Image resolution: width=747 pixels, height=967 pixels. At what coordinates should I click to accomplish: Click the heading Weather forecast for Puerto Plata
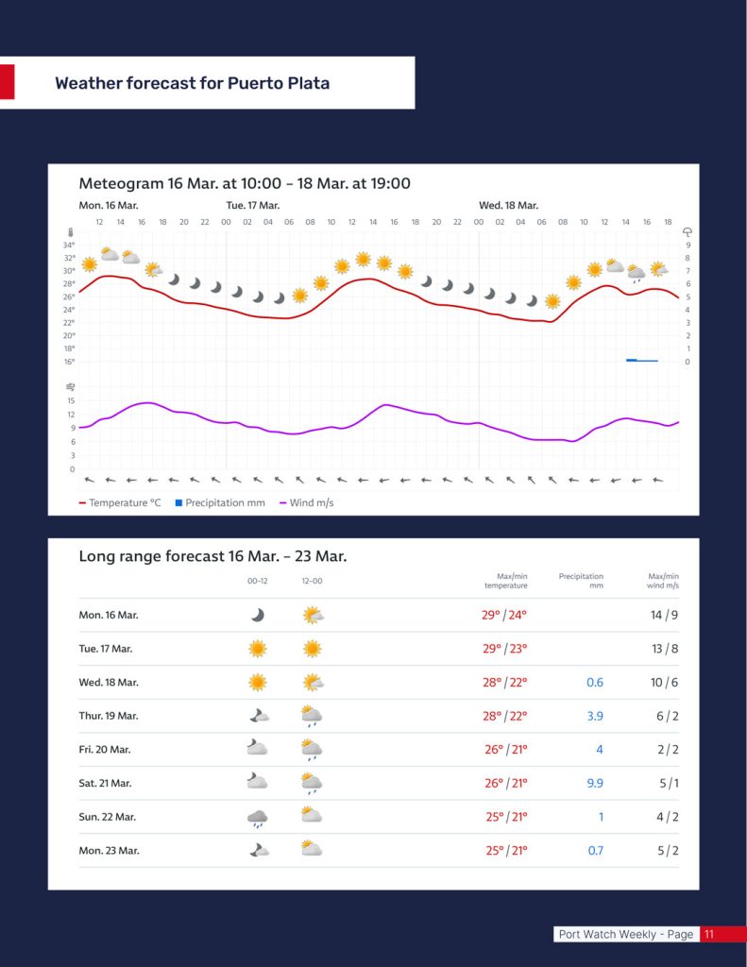click(x=193, y=83)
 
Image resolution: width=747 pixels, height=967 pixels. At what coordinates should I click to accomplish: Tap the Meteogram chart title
click(x=245, y=183)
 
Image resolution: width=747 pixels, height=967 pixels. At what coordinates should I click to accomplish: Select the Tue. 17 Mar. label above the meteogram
click(x=253, y=205)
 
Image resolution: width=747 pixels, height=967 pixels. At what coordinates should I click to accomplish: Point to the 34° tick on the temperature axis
click(x=69, y=245)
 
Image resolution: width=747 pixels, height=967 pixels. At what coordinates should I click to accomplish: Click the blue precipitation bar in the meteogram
click(x=641, y=360)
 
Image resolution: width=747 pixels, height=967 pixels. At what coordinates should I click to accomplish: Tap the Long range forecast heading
click(x=212, y=556)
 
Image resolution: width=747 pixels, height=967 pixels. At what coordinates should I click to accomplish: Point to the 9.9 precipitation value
click(x=594, y=783)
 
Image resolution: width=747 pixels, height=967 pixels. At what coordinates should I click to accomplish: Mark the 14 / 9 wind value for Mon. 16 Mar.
click(x=664, y=615)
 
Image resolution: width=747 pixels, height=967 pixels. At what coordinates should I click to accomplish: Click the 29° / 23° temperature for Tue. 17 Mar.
click(x=504, y=649)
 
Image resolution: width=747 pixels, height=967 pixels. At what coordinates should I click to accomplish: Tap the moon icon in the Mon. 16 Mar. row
click(x=257, y=615)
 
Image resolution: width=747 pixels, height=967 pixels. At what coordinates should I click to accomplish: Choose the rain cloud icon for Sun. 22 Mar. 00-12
click(x=257, y=817)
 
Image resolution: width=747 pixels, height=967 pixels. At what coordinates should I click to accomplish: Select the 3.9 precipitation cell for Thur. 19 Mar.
click(x=595, y=716)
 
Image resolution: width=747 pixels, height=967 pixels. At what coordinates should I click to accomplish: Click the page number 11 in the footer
click(x=709, y=934)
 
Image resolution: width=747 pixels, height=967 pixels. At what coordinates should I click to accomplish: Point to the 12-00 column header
click(x=311, y=581)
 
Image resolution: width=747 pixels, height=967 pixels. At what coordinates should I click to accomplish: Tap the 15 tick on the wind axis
click(x=71, y=400)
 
